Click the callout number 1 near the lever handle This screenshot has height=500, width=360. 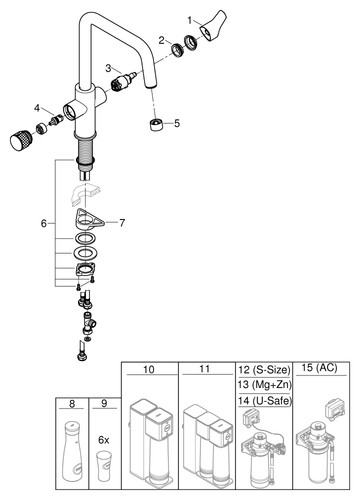point(190,21)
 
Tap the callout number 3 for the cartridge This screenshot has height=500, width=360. point(108,68)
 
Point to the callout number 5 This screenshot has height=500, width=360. point(177,123)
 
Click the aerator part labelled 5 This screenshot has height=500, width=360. point(156,124)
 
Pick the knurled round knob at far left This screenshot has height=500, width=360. point(20,141)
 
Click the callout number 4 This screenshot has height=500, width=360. point(37,108)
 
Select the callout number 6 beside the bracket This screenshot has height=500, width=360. point(44,223)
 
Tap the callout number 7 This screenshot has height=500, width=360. point(122,223)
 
